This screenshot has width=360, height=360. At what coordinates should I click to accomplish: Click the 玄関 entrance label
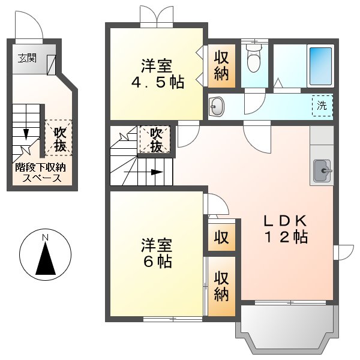click(x=26, y=58)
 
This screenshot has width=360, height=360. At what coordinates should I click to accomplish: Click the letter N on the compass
click(x=46, y=239)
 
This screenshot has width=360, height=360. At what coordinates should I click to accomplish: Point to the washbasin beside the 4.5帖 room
click(x=217, y=106)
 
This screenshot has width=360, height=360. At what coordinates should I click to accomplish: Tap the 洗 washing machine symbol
click(x=323, y=105)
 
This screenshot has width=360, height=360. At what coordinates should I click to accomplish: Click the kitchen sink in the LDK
click(x=322, y=170)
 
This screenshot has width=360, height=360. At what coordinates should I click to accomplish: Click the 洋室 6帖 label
click(x=157, y=253)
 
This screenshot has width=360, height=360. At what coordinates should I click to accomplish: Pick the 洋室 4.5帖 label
click(x=158, y=73)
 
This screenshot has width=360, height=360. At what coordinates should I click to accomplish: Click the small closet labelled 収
click(x=221, y=237)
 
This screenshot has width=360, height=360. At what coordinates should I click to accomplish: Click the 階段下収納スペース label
click(x=41, y=173)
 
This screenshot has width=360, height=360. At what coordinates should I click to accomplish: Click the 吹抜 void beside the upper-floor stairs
click(x=155, y=139)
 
